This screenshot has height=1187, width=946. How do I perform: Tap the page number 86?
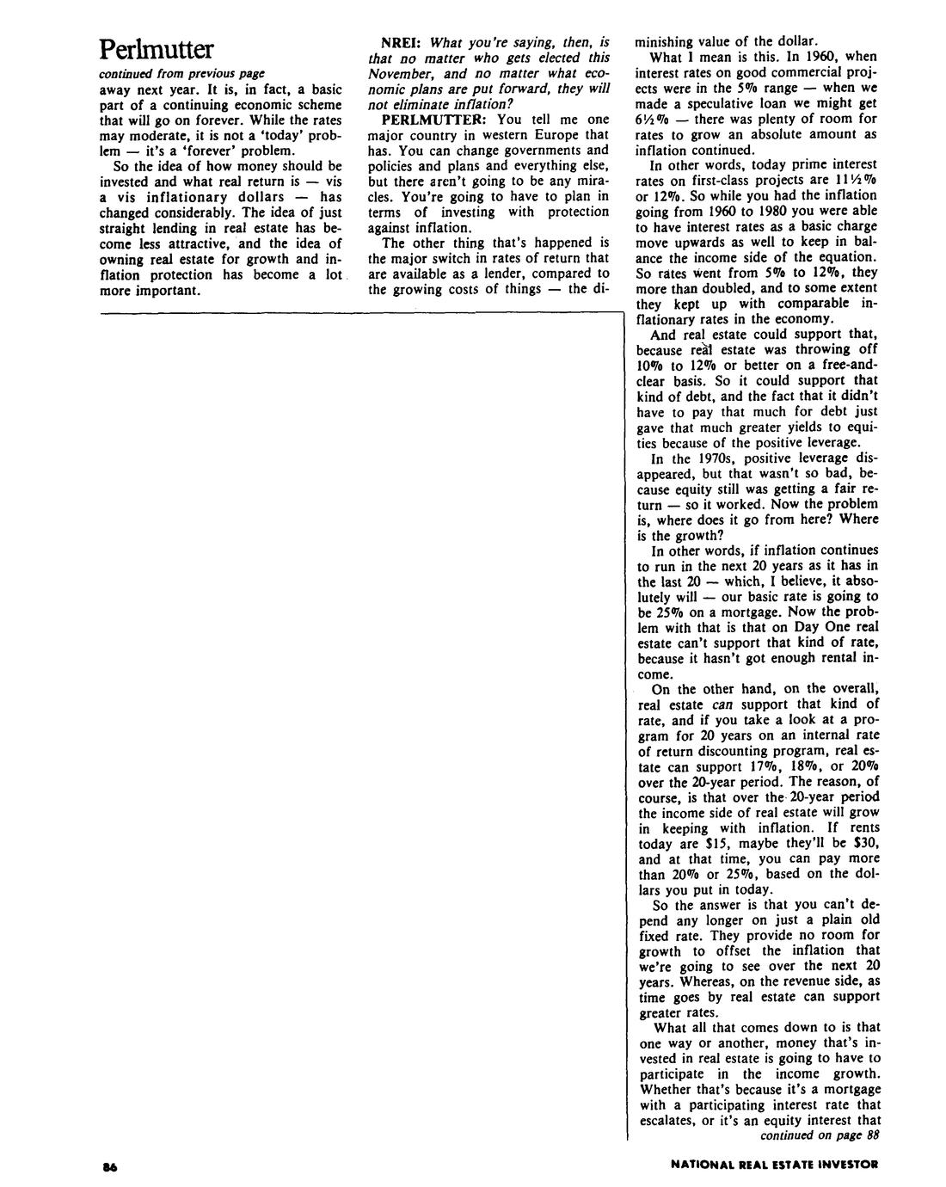108,1166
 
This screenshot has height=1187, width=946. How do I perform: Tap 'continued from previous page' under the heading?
181,72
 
